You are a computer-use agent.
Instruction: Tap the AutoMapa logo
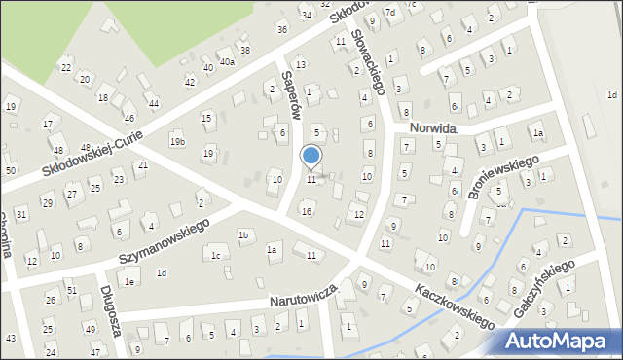[x=561, y=341]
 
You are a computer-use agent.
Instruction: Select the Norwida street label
[x=433, y=127]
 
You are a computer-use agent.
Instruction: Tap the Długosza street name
[x=109, y=310]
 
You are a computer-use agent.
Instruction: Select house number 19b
[x=177, y=142]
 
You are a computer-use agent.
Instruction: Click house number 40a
[x=227, y=61]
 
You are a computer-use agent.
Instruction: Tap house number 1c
[x=215, y=256]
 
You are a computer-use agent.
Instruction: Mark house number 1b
[x=244, y=235]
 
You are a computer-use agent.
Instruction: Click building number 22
[x=66, y=67]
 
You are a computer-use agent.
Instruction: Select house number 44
[x=154, y=103]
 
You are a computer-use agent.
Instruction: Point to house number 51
[x=71, y=290]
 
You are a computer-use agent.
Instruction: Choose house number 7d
[x=389, y=12]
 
